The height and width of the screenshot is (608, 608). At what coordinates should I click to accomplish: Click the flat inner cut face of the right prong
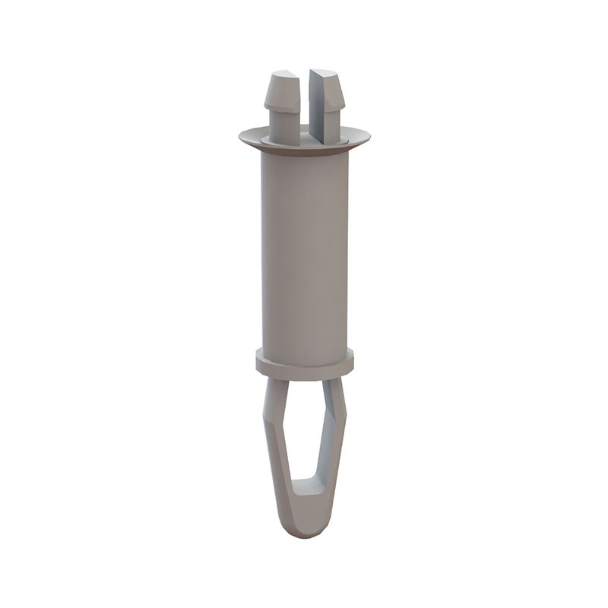tap(316, 106)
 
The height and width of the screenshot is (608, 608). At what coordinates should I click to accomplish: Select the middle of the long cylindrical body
tap(304, 251)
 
